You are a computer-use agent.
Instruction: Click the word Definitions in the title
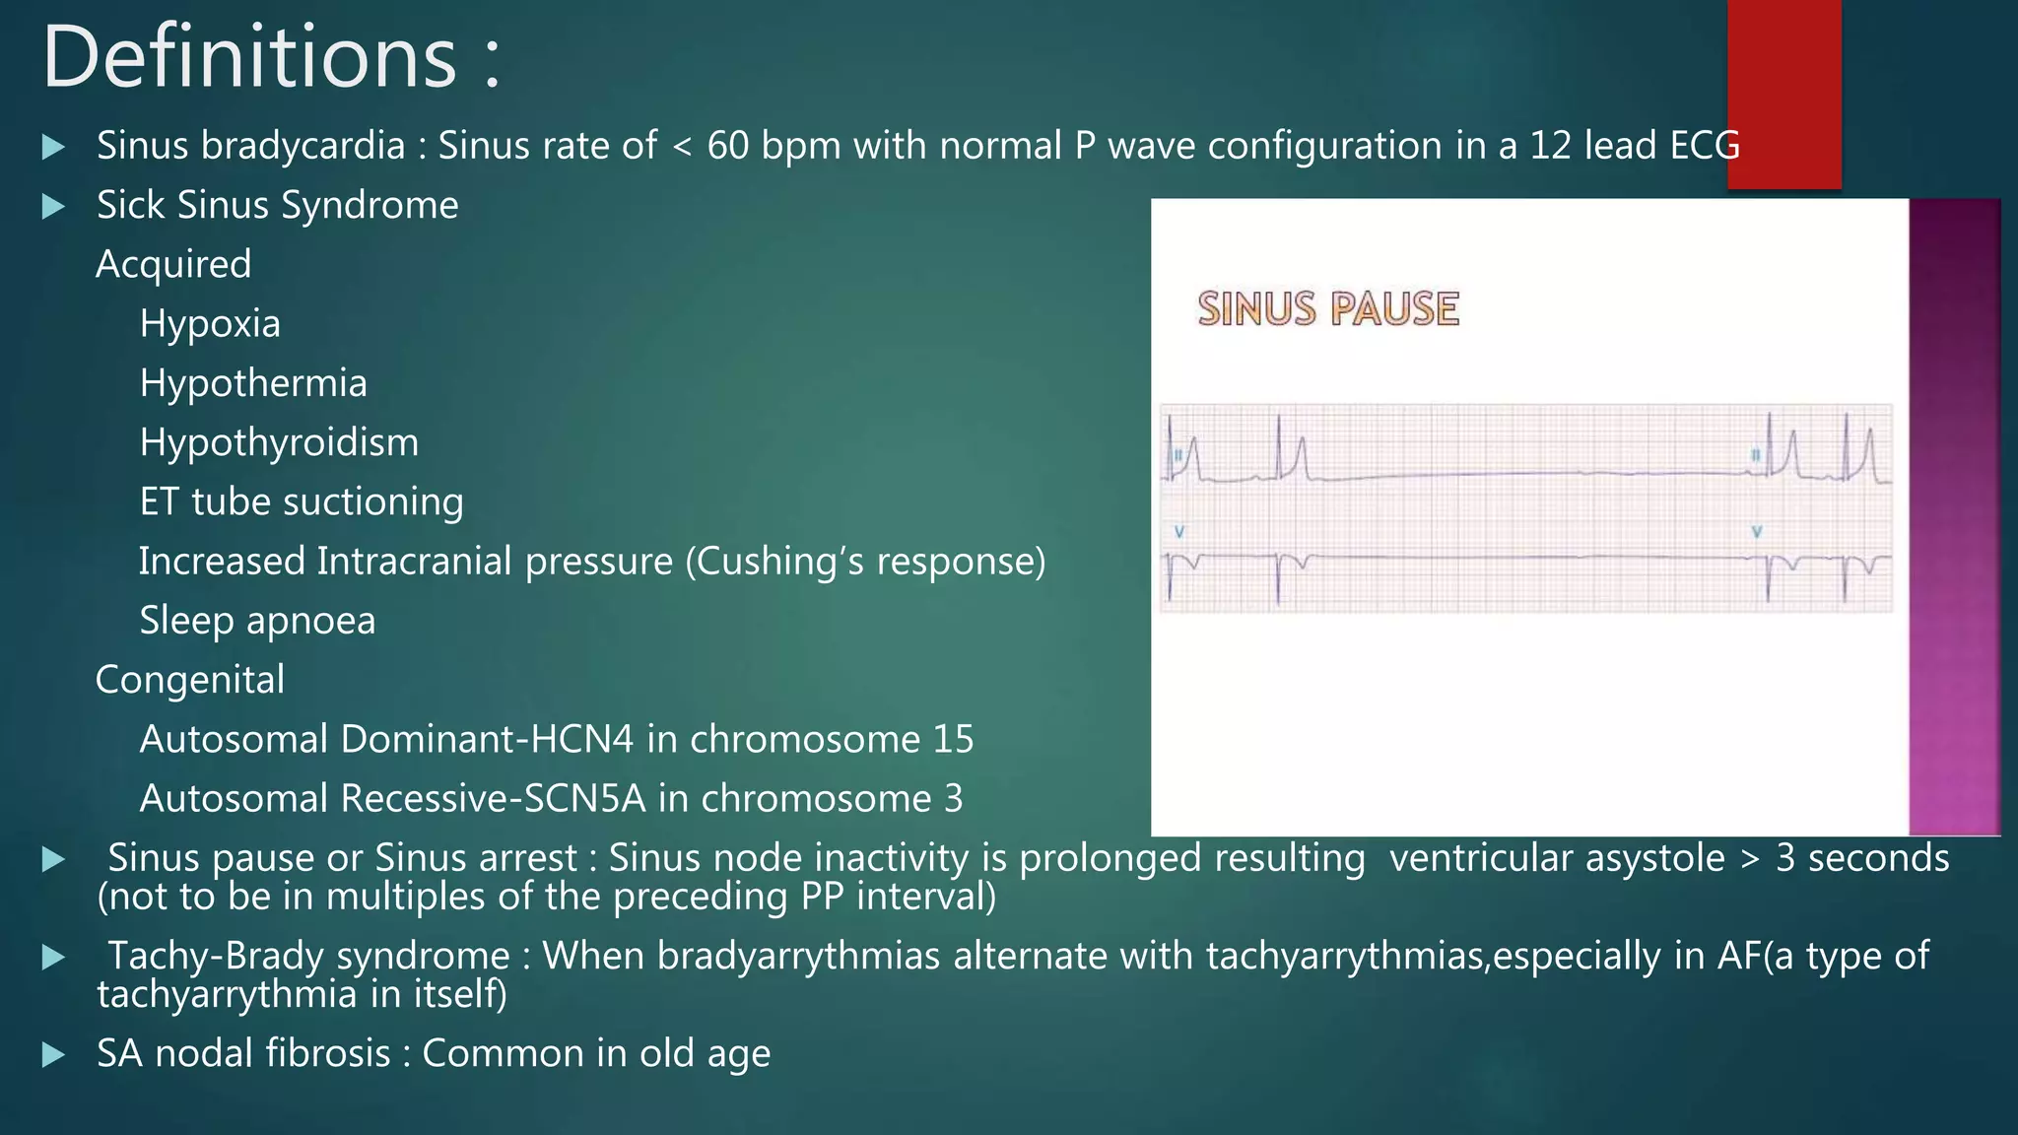(x=249, y=57)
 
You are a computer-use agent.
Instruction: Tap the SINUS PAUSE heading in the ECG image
(x=1327, y=308)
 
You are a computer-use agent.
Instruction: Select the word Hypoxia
(x=210, y=323)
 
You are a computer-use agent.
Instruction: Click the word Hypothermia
(x=253, y=382)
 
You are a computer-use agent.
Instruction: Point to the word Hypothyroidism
(x=279, y=442)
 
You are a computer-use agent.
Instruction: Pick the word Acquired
(x=173, y=264)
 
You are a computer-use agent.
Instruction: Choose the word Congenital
(x=190, y=680)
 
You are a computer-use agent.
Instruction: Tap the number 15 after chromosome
(x=953, y=739)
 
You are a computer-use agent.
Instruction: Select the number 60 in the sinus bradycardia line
(x=727, y=146)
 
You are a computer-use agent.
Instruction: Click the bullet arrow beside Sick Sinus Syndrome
(x=53, y=206)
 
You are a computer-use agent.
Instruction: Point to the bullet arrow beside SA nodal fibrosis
(x=53, y=1055)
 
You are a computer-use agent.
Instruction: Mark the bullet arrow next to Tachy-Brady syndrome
(x=53, y=957)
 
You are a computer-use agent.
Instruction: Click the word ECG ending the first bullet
(x=1704, y=146)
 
